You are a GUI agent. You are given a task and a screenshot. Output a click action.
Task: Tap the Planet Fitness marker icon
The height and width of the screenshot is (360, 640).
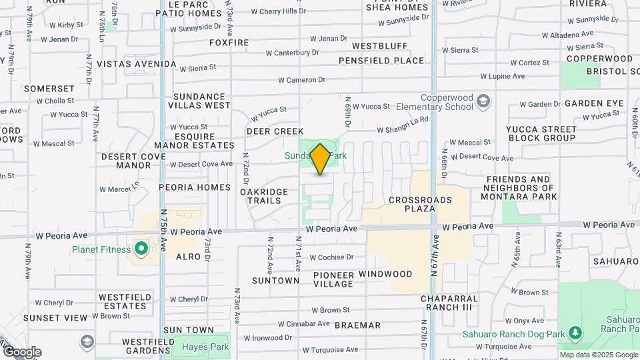pos(141,249)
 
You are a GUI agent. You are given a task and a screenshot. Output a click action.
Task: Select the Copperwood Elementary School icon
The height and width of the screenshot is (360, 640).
pos(483,101)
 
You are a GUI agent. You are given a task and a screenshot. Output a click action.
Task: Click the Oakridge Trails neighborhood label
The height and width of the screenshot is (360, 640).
pos(264,196)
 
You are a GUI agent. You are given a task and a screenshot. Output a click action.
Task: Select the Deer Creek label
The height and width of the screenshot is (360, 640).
pos(275,131)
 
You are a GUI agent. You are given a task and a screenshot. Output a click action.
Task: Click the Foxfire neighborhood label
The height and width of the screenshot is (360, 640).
pos(229,43)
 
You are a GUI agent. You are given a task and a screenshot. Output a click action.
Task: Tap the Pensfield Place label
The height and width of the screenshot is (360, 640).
pos(381,61)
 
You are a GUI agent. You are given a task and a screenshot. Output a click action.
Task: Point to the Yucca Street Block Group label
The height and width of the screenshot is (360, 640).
pos(541,133)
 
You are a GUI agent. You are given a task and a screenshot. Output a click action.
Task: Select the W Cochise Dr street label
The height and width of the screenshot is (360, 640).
pos(331,257)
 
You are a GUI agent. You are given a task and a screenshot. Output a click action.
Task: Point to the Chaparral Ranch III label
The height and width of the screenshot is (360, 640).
pos(450,303)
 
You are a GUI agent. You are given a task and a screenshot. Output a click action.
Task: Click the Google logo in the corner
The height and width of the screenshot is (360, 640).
pos(21,352)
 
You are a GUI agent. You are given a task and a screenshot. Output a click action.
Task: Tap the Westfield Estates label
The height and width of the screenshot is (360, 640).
pos(122,301)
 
